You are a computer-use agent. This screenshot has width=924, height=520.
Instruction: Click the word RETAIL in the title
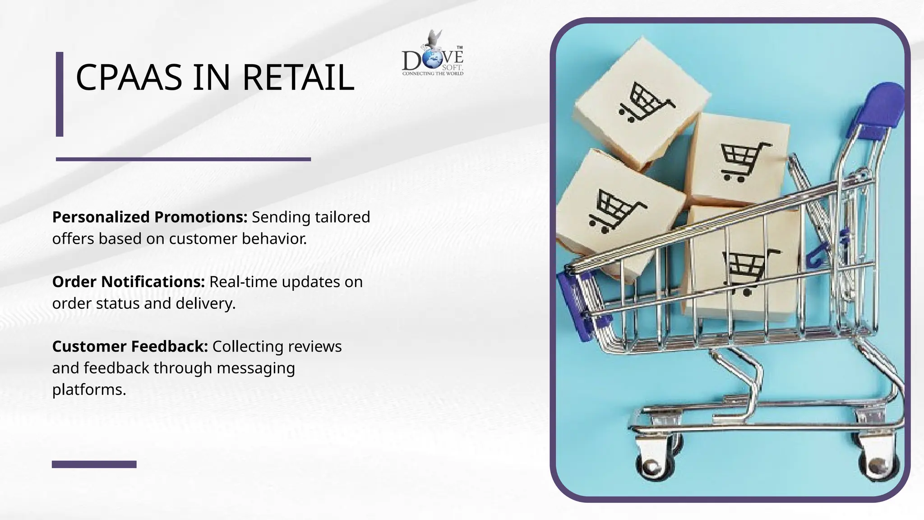point(298,78)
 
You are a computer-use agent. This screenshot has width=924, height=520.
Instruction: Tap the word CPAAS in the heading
point(129,78)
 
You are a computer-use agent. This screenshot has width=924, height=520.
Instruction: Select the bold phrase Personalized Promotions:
point(150,217)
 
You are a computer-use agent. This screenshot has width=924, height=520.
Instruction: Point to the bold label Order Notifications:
point(129,282)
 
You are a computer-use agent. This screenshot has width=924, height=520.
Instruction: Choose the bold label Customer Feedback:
point(130,346)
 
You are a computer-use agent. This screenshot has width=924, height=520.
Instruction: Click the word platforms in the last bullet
point(88,390)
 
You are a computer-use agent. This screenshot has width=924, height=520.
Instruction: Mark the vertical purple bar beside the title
point(60,94)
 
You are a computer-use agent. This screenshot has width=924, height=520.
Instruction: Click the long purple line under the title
point(183,159)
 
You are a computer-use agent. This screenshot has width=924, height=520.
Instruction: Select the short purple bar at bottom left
point(94,464)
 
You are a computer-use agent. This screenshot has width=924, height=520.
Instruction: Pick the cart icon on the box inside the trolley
point(747,269)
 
